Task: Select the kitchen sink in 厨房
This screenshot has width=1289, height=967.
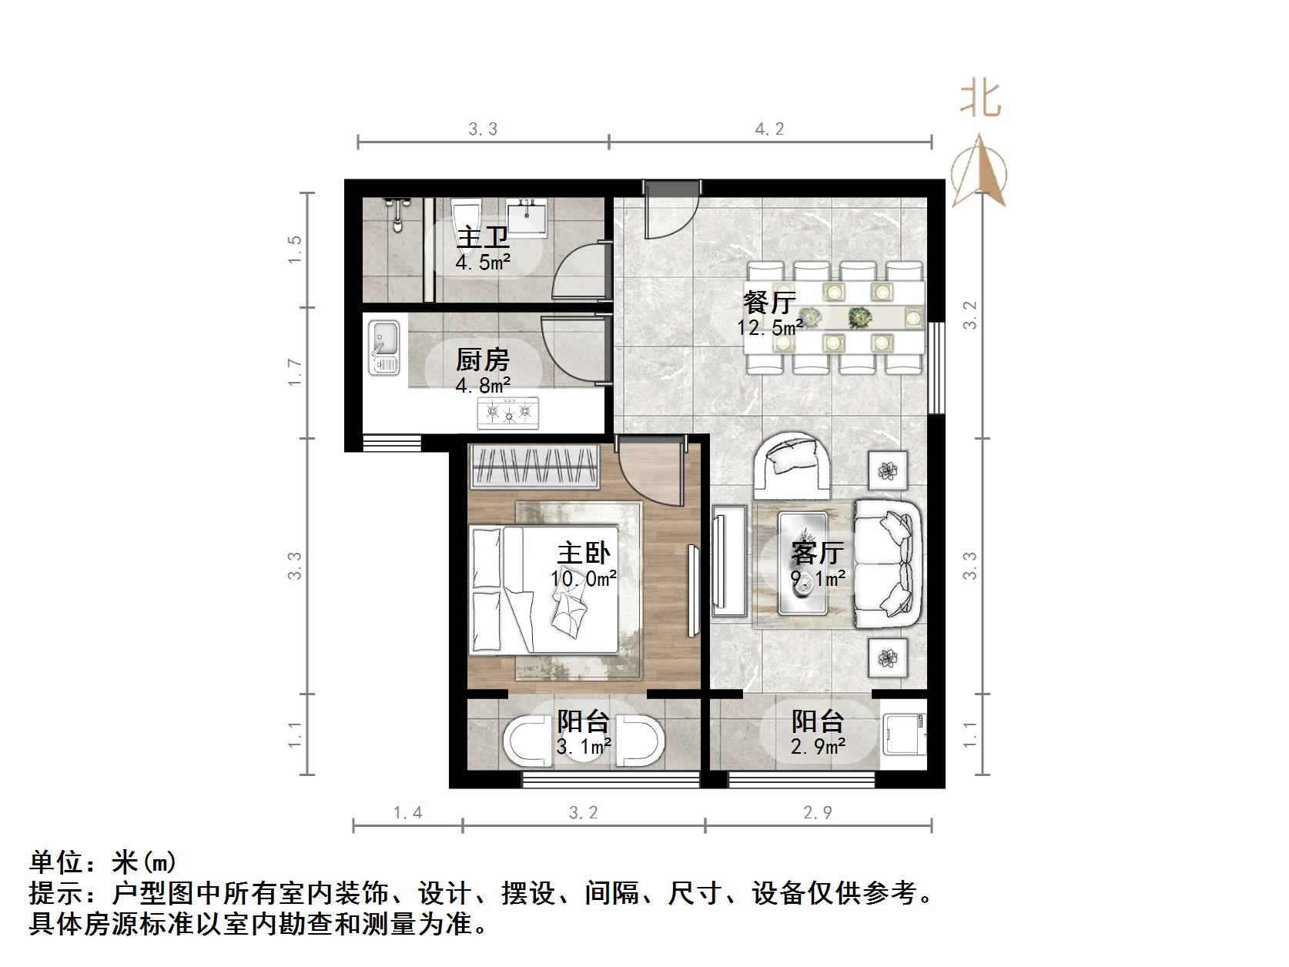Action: [x=383, y=347]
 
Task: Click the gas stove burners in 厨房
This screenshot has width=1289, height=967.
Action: [x=508, y=413]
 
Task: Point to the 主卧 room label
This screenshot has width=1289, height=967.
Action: [x=584, y=553]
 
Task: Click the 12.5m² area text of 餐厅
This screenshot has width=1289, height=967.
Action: [x=770, y=328]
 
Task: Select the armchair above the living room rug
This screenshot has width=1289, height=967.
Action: [x=792, y=464]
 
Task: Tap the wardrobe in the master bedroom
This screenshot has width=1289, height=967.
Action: [x=534, y=466]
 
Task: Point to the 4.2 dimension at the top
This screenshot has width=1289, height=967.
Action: [x=769, y=129]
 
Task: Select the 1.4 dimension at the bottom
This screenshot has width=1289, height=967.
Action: [x=407, y=812]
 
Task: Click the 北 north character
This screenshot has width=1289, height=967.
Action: [x=979, y=99]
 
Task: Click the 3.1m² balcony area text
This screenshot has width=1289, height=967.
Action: [x=584, y=745]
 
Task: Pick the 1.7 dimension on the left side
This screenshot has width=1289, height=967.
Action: [x=296, y=373]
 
